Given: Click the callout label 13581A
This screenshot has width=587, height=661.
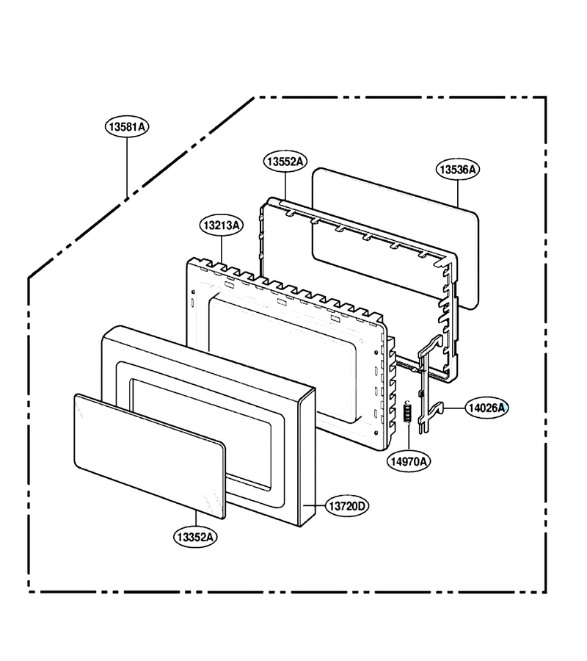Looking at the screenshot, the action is (x=127, y=126).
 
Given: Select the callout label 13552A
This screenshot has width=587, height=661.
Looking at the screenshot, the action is (x=285, y=162).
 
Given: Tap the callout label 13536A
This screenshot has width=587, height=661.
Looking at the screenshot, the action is (x=458, y=170).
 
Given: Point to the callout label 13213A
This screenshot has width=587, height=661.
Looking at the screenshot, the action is (x=222, y=225).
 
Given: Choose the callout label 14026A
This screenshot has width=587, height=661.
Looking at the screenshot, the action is (x=486, y=408).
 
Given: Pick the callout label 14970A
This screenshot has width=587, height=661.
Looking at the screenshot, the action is (x=409, y=461).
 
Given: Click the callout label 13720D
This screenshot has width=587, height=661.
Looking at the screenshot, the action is (x=347, y=506).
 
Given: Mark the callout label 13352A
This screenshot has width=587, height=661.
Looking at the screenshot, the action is (x=195, y=537).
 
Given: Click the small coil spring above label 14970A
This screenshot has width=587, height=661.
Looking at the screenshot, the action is (x=408, y=411).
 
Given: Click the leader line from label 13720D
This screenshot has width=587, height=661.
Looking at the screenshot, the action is (x=314, y=505).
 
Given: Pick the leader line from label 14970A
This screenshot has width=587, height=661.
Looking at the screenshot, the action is (x=409, y=436).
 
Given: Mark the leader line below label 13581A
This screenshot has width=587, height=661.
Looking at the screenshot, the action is (x=127, y=167).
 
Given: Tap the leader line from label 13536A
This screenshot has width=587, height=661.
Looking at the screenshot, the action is (x=458, y=193).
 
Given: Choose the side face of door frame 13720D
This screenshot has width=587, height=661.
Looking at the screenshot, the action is (x=307, y=458).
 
